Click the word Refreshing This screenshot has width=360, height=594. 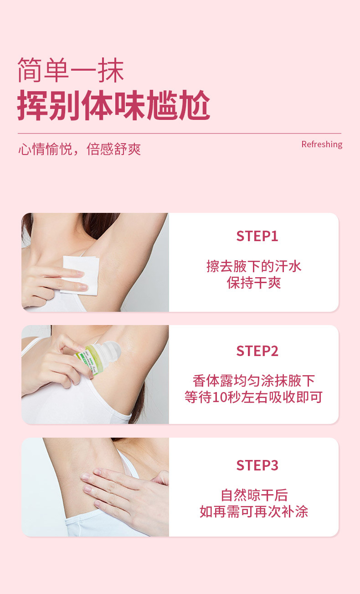322,145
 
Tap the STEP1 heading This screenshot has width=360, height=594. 257,236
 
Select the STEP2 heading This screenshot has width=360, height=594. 257,351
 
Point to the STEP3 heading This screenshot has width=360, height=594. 257,465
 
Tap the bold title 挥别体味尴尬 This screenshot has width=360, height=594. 114,106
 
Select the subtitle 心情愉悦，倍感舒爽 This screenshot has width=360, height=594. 80,149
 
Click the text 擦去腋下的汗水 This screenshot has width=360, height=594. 254,266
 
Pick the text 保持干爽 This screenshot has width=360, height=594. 254,283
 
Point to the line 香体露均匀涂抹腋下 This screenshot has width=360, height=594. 254,381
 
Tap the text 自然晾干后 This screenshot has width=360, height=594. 254,495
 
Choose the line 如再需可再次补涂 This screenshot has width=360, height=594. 254,511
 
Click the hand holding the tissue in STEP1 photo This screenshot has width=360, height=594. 50,283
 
